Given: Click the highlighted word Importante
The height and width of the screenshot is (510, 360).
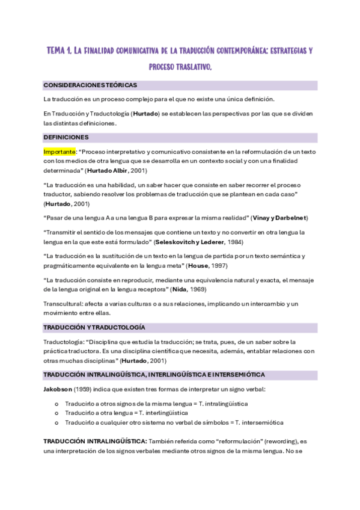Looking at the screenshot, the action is pyautogui.click(x=59, y=152).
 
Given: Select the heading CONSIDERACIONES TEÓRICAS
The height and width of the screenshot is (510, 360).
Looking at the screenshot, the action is pyautogui.click(x=90, y=85).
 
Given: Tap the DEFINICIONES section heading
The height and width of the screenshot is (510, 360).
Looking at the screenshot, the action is pyautogui.click(x=66, y=137).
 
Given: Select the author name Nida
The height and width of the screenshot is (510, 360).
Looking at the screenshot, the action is pyautogui.click(x=178, y=289).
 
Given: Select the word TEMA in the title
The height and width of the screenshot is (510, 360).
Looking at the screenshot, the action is pyautogui.click(x=59, y=52).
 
